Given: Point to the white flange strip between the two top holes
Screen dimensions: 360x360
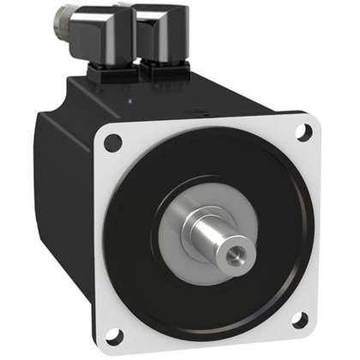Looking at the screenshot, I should point(206,126).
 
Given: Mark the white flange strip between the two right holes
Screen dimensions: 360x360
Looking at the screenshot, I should point(309,227).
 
